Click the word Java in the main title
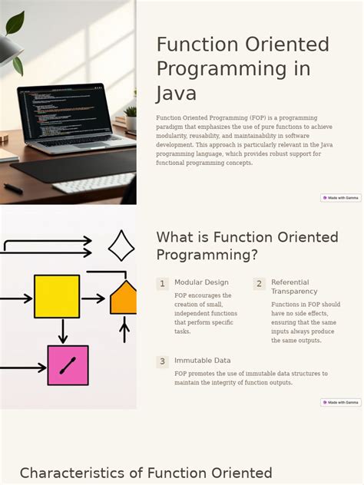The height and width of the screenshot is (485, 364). [177, 94]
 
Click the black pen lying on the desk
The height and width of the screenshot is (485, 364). [13, 186]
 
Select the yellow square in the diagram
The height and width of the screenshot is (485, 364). [57, 296]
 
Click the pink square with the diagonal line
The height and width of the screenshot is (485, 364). [68, 365]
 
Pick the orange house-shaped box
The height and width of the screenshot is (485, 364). [124, 298]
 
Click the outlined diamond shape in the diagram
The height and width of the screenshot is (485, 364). [121, 246]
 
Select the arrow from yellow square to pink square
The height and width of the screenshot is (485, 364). [63, 332]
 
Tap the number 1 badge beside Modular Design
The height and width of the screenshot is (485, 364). [162, 284]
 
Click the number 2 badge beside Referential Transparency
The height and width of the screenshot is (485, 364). [259, 284]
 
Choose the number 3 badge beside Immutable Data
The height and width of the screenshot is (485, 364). [162, 361]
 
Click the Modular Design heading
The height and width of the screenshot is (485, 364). [201, 282]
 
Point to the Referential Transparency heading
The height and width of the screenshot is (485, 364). [294, 287]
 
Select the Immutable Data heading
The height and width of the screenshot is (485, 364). [202, 361]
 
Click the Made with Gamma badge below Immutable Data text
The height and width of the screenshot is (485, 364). [340, 402]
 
